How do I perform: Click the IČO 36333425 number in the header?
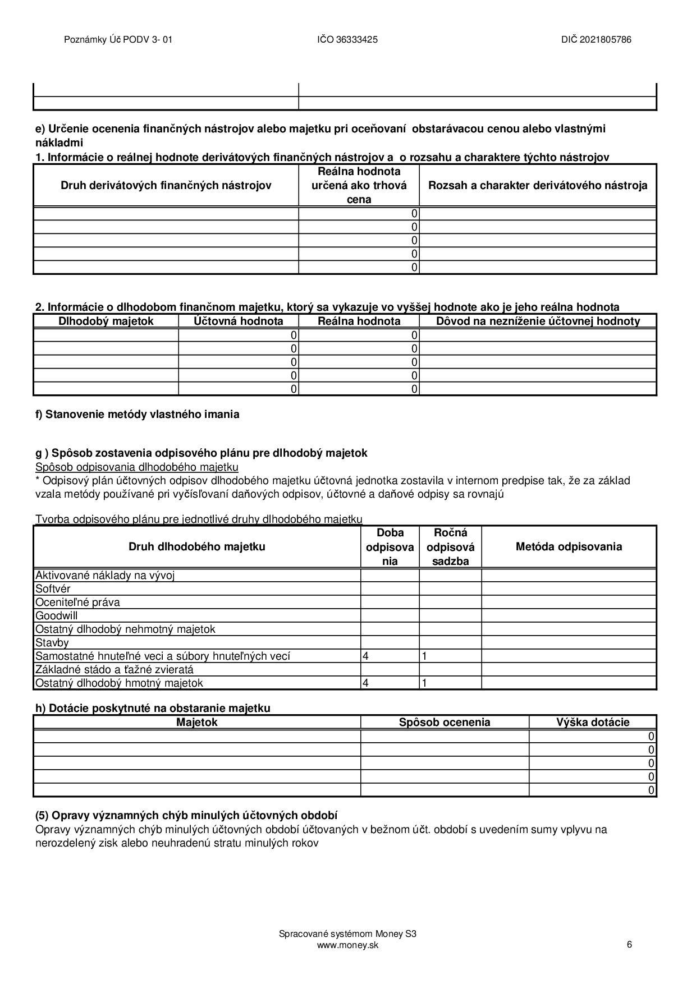347,40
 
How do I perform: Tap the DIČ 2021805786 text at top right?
596,40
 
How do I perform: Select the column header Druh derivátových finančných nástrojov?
166,186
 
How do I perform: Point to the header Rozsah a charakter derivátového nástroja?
537,186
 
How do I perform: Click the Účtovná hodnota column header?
238,321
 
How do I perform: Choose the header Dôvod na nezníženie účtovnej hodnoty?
537,321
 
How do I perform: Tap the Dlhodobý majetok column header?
106,321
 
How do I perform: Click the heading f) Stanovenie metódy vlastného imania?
137,415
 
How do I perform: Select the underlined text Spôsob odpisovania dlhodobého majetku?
136,467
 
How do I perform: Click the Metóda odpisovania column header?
568,547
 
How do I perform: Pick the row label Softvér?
53,589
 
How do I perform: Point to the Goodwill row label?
56,616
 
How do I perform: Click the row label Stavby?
52,643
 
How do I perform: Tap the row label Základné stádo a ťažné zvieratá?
114,670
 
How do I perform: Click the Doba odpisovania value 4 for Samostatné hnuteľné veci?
366,656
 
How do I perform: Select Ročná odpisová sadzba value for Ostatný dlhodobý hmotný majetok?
425,683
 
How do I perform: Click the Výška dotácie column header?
592,723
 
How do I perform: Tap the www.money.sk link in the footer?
347,945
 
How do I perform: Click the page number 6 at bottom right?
629,944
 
